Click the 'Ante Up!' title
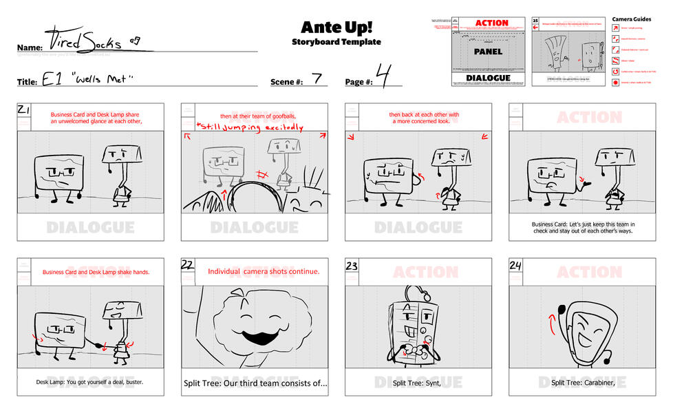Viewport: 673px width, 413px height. [x=336, y=28]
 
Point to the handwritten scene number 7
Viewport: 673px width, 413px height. [x=317, y=78]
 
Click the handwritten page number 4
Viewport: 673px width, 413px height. [x=383, y=75]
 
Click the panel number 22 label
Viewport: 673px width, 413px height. [x=188, y=265]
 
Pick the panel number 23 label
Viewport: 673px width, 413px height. [x=352, y=265]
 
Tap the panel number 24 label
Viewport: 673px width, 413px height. [x=516, y=265]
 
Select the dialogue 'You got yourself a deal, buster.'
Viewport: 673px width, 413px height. [x=89, y=382]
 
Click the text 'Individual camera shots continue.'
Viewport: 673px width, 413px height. [x=264, y=271]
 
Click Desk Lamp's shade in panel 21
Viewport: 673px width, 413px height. [x=122, y=156]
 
